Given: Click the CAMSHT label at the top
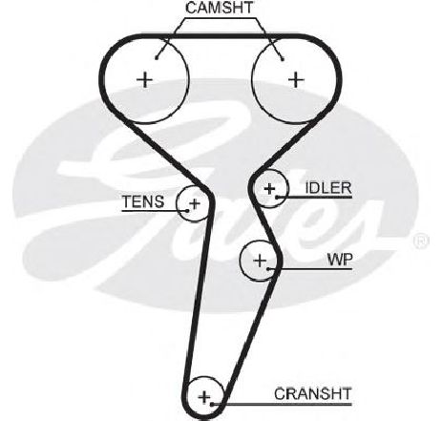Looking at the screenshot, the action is click(x=220, y=8).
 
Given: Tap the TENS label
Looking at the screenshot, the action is click(x=143, y=201).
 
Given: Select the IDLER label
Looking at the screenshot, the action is click(x=328, y=188).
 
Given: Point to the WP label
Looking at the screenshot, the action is click(x=340, y=260).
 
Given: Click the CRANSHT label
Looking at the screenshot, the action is click(x=313, y=394).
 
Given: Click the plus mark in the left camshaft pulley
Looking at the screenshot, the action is click(x=145, y=80).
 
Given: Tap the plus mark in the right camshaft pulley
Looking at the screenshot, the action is click(x=296, y=80).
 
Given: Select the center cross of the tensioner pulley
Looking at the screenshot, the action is click(x=195, y=203).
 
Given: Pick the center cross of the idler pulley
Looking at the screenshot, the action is click(x=269, y=189).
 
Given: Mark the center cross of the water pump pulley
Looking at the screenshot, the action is click(x=261, y=261).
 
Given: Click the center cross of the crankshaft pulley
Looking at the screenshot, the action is click(x=204, y=397).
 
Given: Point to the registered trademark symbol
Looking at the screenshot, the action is click(x=421, y=242).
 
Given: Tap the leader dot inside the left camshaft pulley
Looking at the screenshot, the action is click(x=157, y=57).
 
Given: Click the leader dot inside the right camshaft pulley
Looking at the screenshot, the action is click(x=282, y=58).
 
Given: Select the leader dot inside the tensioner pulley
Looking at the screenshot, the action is click(x=187, y=210).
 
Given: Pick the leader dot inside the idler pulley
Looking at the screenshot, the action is click(x=277, y=198).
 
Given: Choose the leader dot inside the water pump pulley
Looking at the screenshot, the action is click(x=268, y=269).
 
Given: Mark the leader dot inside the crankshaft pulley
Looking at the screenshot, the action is click(x=212, y=404).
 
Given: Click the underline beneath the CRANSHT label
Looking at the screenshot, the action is click(x=282, y=405).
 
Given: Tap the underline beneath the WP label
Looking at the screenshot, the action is click(x=310, y=269).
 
